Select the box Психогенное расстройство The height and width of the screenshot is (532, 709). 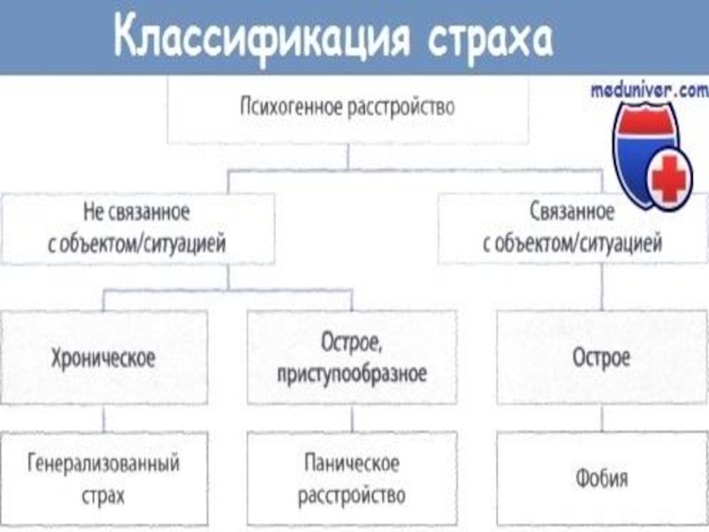347,110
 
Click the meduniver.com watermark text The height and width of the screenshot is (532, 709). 649,90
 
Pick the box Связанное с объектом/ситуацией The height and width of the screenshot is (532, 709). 573,228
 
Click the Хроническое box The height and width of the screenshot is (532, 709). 104,358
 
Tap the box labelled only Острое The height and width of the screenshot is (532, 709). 602,358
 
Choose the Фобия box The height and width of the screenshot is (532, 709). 602,478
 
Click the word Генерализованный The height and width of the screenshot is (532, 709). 104,463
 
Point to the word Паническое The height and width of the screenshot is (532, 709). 351,463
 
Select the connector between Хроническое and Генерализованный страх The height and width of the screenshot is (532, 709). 105,419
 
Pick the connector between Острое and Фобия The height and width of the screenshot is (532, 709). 602,419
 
